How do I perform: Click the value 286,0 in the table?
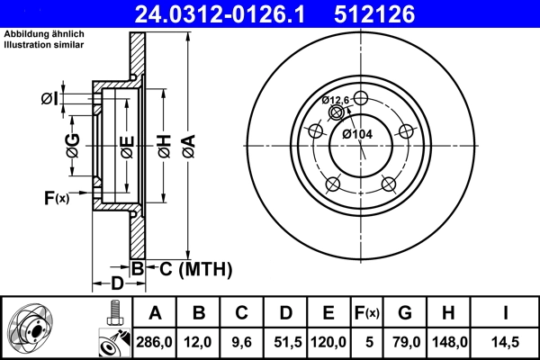(155, 341)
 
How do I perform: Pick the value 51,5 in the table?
(285, 341)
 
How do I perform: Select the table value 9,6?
(242, 341)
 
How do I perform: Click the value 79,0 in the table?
(406, 341)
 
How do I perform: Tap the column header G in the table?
(406, 312)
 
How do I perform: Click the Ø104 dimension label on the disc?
(357, 134)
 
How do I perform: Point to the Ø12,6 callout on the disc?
(335, 100)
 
